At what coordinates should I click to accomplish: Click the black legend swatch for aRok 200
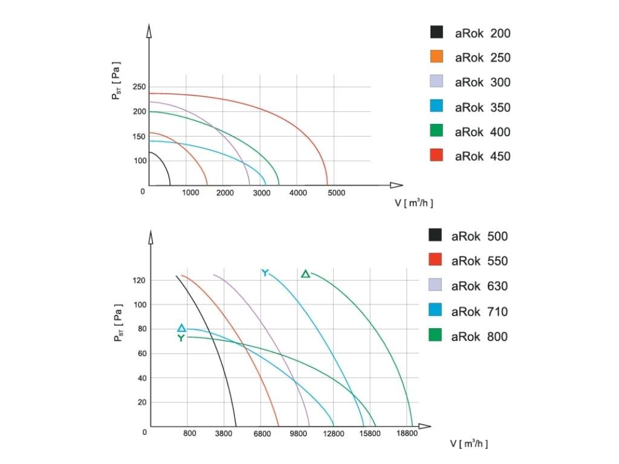(436, 33)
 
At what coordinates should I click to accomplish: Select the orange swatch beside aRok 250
(436, 57)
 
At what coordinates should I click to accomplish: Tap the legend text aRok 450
(482, 156)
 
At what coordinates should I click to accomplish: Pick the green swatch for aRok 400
(436, 131)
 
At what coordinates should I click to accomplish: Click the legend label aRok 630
(479, 286)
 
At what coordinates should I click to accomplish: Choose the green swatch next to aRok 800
(435, 336)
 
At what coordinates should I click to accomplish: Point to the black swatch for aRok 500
(435, 236)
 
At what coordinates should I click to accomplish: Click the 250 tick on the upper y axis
(140, 87)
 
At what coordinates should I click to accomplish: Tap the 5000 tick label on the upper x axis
(336, 193)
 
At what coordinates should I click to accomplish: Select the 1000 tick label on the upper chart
(190, 193)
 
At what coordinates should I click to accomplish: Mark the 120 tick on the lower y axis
(140, 280)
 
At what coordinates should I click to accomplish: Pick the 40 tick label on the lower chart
(142, 378)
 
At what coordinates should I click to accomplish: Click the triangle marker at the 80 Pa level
(181, 328)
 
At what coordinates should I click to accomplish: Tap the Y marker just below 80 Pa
(181, 338)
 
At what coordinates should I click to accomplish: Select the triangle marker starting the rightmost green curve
(305, 274)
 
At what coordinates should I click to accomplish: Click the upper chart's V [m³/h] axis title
(414, 203)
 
